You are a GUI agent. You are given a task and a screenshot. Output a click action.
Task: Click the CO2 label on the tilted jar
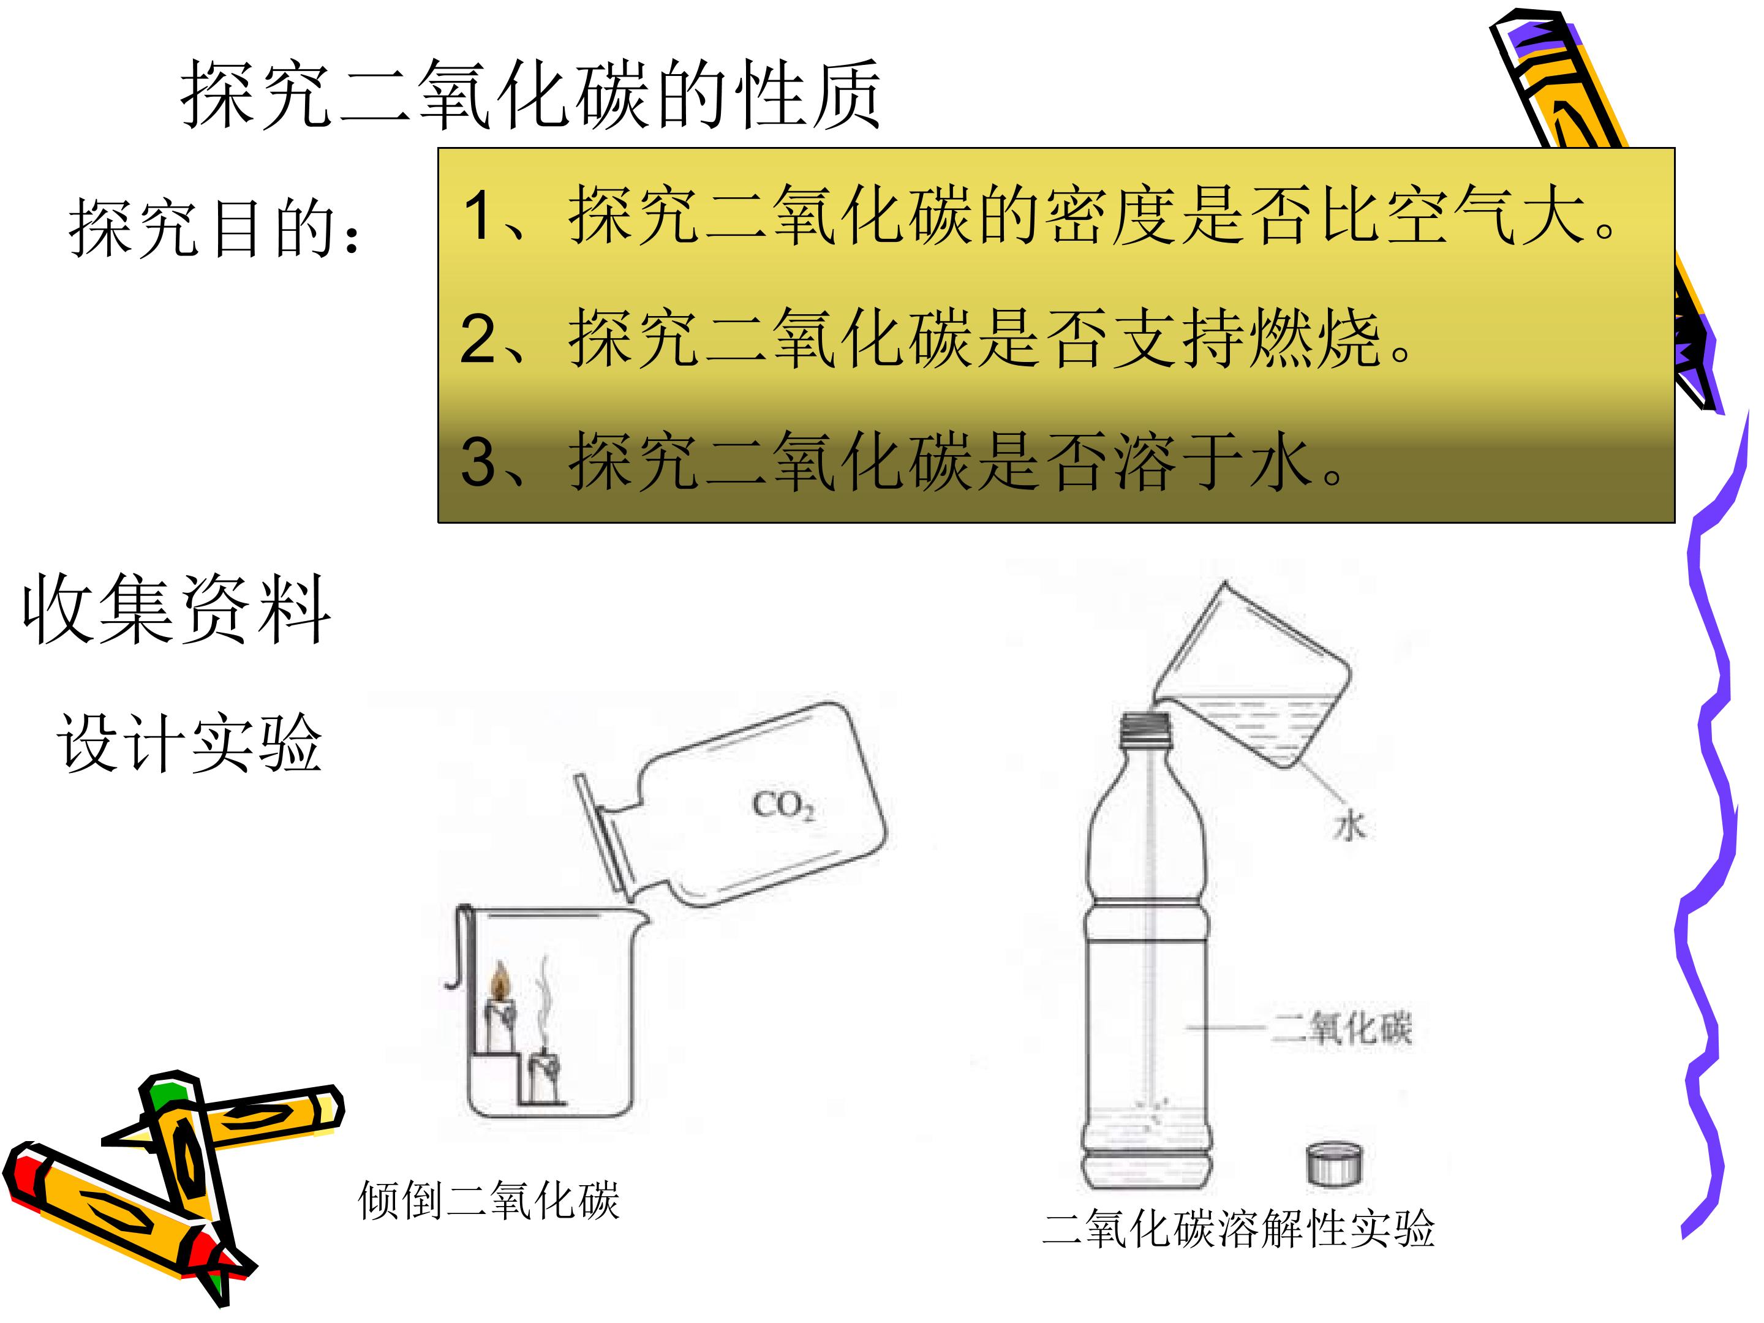[784, 805]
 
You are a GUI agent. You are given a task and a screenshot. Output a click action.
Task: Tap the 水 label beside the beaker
[1349, 826]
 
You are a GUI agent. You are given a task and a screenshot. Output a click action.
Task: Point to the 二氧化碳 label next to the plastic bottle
[1341, 1029]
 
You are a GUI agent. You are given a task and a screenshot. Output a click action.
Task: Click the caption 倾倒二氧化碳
[489, 1200]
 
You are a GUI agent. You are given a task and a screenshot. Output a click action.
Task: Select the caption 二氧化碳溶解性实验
[1238, 1228]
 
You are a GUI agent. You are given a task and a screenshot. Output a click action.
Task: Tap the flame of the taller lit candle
[500, 980]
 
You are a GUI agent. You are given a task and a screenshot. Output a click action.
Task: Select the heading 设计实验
[189, 742]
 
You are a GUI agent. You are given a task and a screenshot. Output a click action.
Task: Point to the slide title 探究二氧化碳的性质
[530, 95]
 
